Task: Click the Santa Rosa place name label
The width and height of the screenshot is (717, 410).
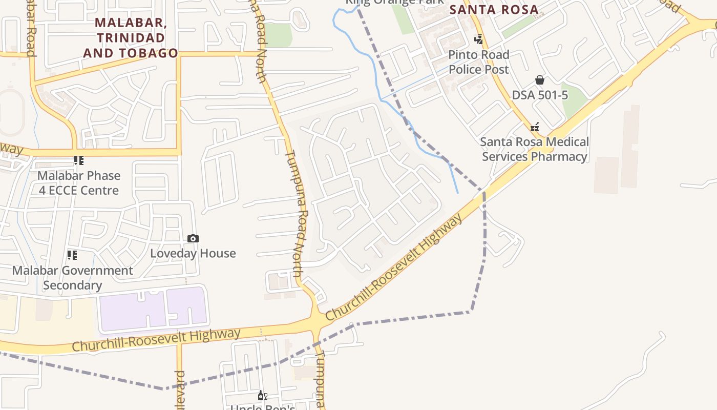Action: (494, 9)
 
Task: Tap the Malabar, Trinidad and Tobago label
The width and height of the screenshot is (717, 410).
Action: (131, 38)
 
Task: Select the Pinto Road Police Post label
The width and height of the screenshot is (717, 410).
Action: (479, 62)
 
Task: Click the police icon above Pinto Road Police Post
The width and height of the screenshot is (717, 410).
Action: (478, 39)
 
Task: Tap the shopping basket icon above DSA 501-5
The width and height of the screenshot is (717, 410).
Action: (539, 80)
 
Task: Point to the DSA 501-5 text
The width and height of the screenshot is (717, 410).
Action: (540, 95)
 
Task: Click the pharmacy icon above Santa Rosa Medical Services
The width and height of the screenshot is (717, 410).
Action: (535, 127)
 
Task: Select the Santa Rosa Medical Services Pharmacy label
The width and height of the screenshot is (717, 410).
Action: (535, 149)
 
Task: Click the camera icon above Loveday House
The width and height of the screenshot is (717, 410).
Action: (193, 238)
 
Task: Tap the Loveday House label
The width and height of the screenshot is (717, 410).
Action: (193, 253)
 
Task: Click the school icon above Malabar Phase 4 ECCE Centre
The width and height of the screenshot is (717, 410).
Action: (78, 161)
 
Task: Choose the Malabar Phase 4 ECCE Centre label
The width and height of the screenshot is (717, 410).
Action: (79, 183)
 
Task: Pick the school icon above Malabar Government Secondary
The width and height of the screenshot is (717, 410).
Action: (72, 255)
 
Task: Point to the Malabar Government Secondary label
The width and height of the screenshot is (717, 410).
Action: (72, 278)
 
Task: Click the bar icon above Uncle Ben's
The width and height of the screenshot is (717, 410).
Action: (262, 395)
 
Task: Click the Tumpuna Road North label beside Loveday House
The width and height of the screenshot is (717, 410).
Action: (298, 213)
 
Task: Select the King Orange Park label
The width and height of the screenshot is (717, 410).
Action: (394, 2)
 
